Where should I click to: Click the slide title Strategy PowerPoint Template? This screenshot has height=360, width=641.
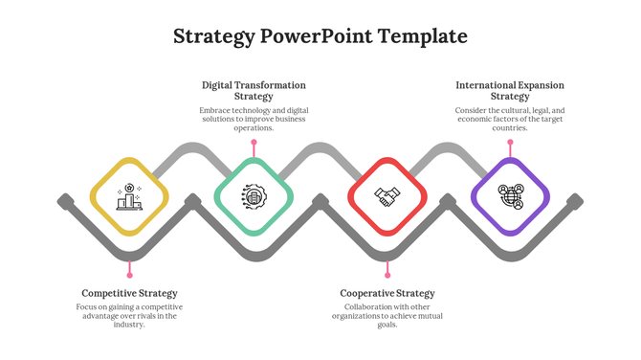(x=320, y=36)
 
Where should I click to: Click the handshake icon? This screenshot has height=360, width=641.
(x=387, y=196)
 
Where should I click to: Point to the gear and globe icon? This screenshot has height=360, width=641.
(x=254, y=196)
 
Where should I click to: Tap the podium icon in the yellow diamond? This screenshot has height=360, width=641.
(x=129, y=197)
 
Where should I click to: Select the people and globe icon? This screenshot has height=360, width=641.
(x=511, y=196)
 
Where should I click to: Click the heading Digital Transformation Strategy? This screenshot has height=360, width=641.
(x=254, y=91)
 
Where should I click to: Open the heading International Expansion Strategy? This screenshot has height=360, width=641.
(x=510, y=91)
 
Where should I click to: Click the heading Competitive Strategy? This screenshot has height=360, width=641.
(x=129, y=293)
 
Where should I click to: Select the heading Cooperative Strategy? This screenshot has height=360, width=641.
(x=387, y=293)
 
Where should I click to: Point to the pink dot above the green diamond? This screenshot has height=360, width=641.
(x=254, y=143)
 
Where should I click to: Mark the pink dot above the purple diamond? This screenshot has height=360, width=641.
(x=510, y=143)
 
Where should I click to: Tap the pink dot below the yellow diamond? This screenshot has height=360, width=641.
(x=130, y=276)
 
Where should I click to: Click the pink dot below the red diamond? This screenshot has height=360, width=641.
(x=387, y=276)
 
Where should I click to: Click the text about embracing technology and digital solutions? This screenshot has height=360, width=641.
(x=254, y=119)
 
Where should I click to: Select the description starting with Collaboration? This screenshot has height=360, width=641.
(x=387, y=316)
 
